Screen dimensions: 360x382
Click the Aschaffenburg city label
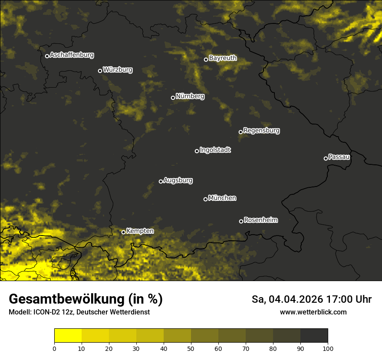tap(72, 55)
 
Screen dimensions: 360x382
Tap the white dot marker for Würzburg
tap(100, 71)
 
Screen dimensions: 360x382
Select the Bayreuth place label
tap(223, 58)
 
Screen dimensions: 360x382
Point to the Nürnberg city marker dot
tap(173, 98)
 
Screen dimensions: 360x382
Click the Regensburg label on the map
tap(261, 131)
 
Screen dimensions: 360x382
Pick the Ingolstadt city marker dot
tap(197, 151)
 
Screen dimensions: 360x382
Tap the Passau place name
tap(339, 157)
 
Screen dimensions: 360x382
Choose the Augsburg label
tap(178, 180)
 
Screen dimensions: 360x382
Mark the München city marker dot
tap(205, 199)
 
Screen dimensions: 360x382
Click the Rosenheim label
tap(260, 220)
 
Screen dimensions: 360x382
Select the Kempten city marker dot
tap(123, 232)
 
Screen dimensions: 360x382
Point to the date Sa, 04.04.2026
tap(287, 299)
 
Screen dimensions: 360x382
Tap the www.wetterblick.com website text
tap(313, 312)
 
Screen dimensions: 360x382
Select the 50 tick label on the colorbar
tap(191, 348)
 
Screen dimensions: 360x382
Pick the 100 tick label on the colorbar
tap(328, 348)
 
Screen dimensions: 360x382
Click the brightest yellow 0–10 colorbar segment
tap(68, 336)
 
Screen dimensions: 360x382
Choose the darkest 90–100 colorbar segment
tap(314, 336)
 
